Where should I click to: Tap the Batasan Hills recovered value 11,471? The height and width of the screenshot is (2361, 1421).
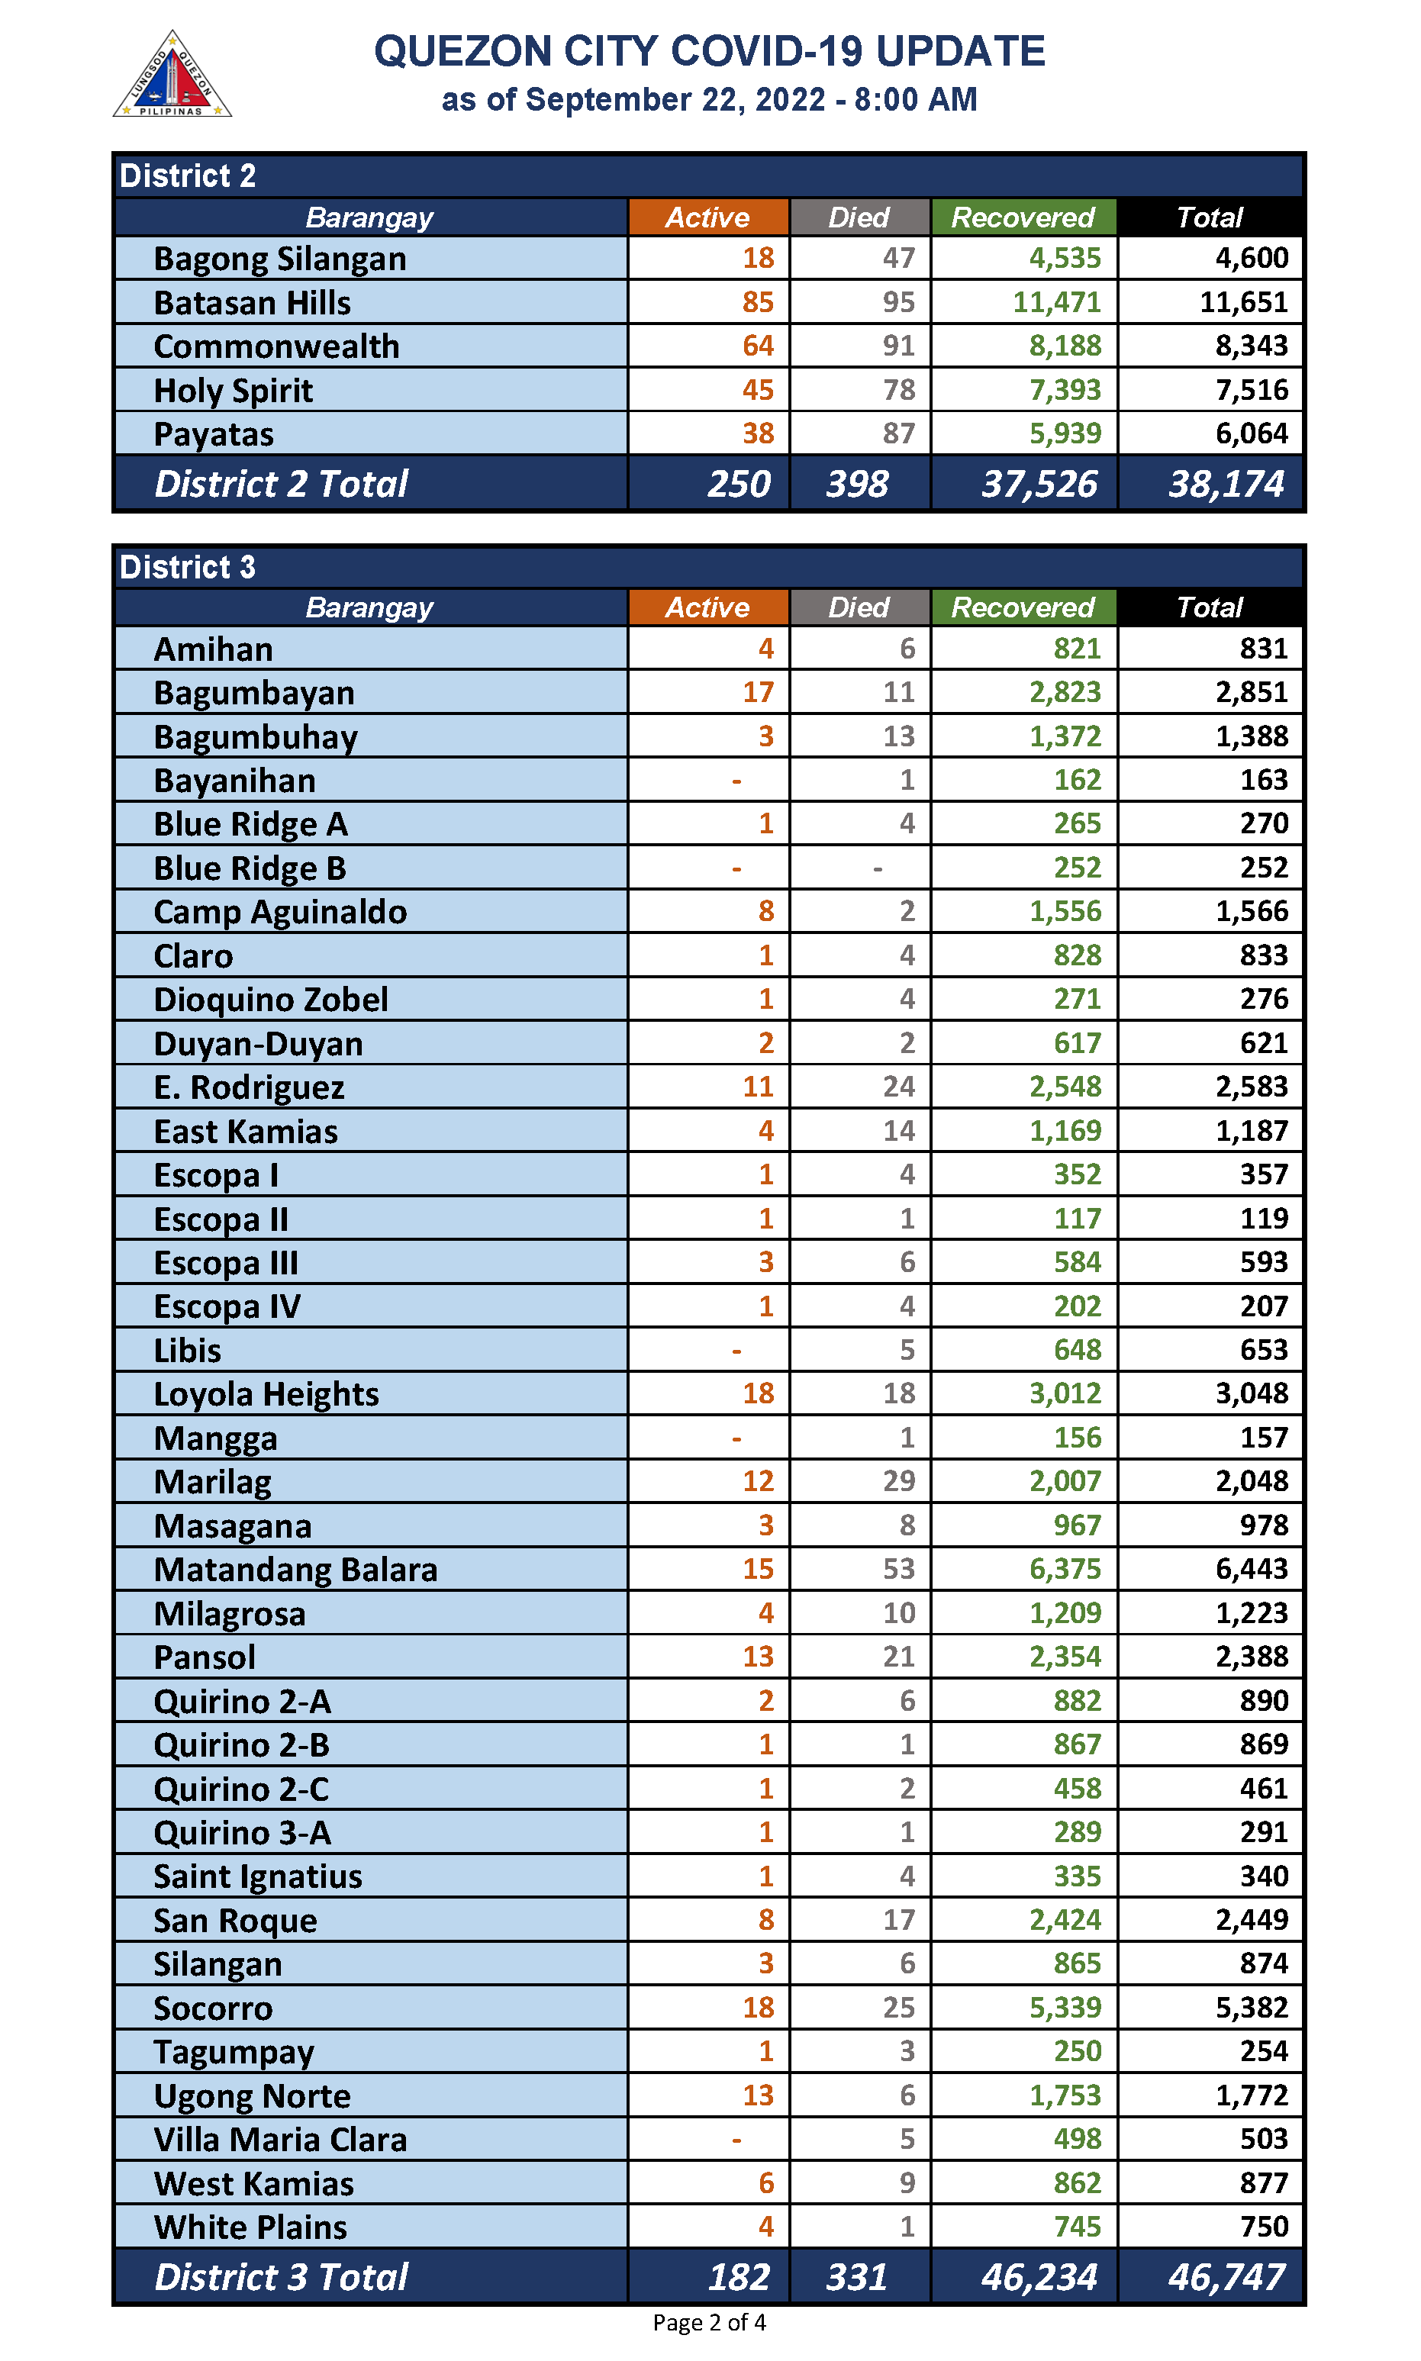pos(1056,302)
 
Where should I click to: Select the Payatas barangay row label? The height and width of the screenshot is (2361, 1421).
pos(214,435)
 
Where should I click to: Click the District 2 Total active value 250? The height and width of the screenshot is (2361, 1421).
pos(738,485)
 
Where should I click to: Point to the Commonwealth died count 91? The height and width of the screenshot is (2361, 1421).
pos(898,346)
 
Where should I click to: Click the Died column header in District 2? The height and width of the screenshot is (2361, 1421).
pos(858,217)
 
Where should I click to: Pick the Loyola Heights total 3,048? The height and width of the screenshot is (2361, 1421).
pos(1251,1393)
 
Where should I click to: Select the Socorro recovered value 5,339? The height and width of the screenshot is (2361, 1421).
pos(1064,2007)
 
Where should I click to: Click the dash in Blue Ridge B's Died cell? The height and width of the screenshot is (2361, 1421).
pos(877,868)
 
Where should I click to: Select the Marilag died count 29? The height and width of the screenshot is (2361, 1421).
pos(898,1481)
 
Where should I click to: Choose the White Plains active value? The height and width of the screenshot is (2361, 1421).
pos(765,2226)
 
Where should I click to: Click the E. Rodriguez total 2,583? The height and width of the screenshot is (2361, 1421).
pos(1251,1087)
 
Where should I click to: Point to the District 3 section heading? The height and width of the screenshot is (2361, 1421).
pos(188,567)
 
